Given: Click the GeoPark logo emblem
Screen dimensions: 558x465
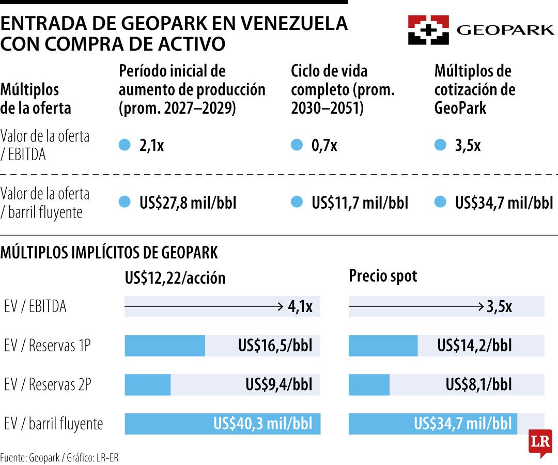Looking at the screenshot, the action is pyautogui.click(x=428, y=30).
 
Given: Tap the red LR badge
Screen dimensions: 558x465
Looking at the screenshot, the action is pyautogui.click(x=540, y=443).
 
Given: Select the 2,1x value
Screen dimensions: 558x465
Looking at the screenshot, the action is pyautogui.click(x=151, y=145).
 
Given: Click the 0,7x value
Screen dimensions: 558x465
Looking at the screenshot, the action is pyautogui.click(x=324, y=145).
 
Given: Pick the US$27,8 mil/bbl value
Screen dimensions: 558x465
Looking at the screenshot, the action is pyautogui.click(x=188, y=203).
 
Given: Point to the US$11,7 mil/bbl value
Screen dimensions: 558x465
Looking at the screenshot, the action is pyautogui.click(x=360, y=203).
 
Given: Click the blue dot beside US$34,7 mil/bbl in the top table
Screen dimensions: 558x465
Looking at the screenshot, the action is pyautogui.click(x=440, y=202).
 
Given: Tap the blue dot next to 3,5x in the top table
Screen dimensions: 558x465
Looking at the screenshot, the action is pyautogui.click(x=440, y=145).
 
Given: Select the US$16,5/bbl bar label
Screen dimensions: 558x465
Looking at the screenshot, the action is pyautogui.click(x=275, y=346).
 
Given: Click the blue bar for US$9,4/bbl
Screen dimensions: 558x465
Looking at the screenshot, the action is pyautogui.click(x=148, y=384).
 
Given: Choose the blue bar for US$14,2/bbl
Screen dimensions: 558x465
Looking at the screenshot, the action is pyautogui.click(x=383, y=346).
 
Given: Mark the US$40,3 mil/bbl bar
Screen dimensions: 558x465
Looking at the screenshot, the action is pyautogui.click(x=222, y=424).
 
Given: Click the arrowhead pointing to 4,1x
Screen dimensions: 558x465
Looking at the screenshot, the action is pyautogui.click(x=281, y=306).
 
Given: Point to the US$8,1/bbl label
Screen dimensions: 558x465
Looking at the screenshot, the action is pyautogui.click(x=478, y=384).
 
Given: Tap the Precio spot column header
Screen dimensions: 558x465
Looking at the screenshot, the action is pyautogui.click(x=383, y=276).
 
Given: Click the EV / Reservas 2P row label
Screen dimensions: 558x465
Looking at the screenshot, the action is pyautogui.click(x=48, y=384).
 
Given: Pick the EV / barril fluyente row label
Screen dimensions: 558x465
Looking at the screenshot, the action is pyautogui.click(x=53, y=424).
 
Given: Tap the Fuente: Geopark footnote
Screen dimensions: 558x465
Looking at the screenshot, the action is pyautogui.click(x=30, y=457).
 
